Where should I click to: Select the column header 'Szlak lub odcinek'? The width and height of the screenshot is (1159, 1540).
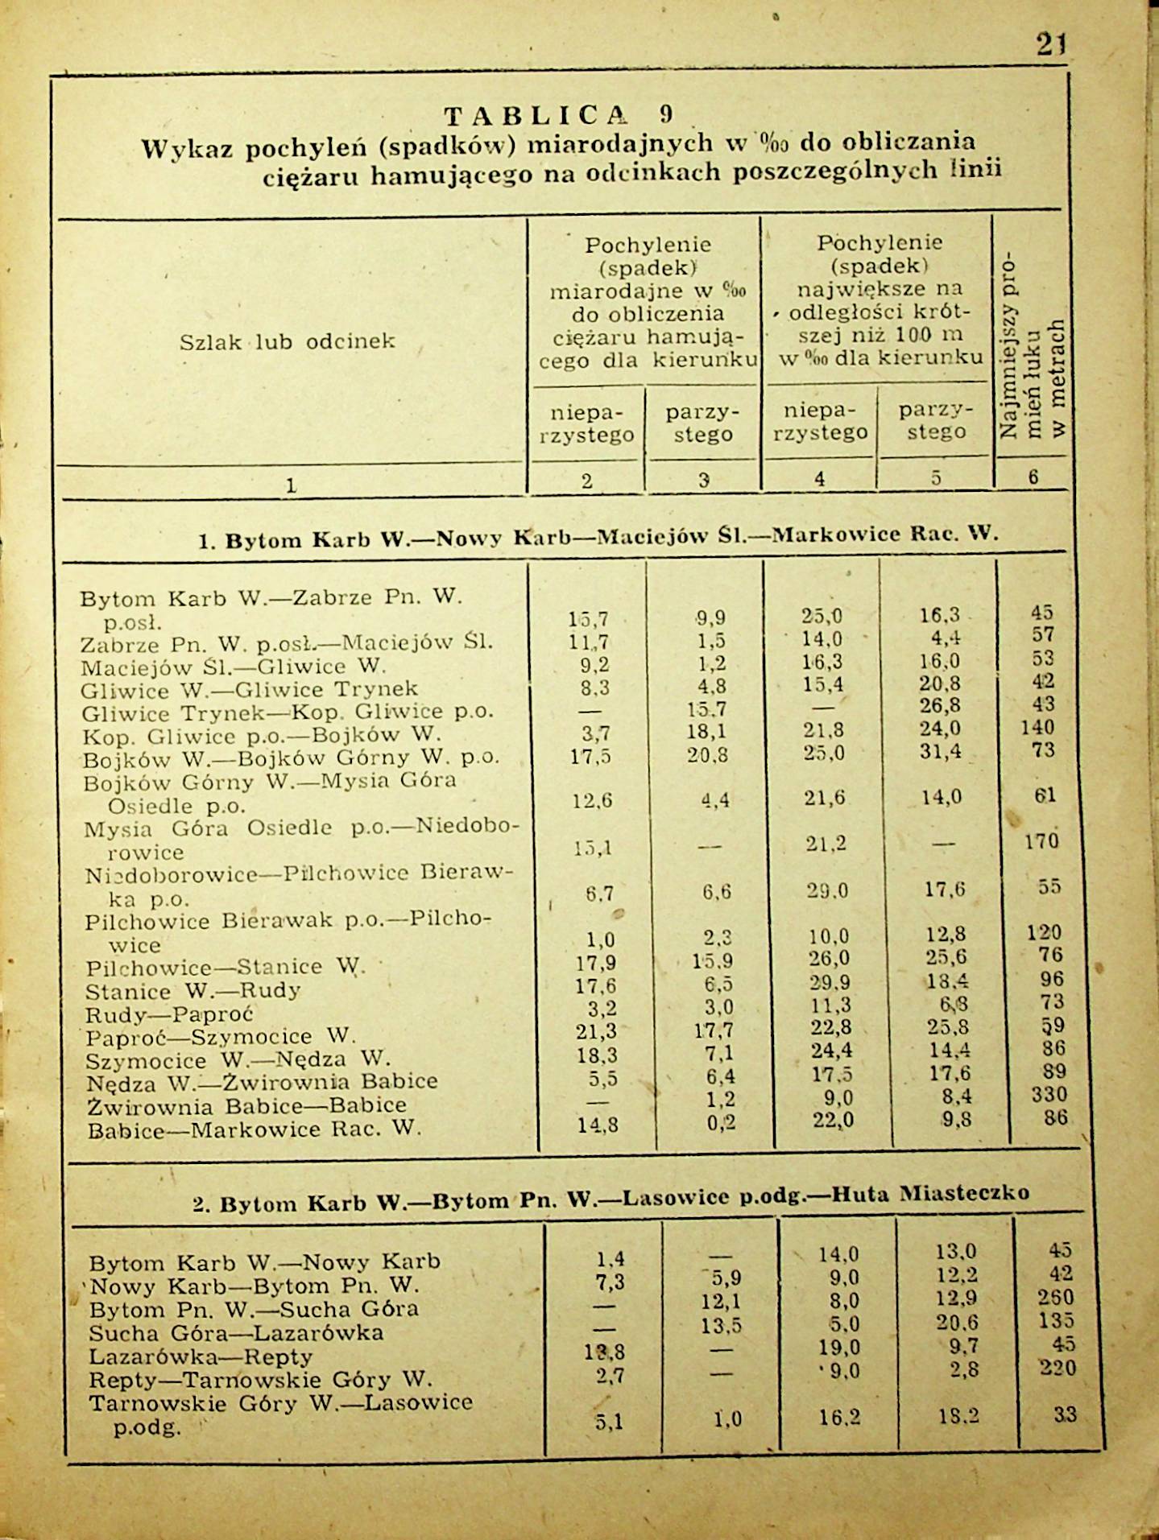pyautogui.click(x=288, y=341)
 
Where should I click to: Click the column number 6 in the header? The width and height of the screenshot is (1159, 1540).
pyautogui.click(x=1033, y=477)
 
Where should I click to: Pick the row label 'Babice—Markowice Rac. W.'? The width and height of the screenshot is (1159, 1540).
pyautogui.click(x=254, y=1129)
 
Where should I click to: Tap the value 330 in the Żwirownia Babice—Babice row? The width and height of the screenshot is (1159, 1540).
pyautogui.click(x=1049, y=1095)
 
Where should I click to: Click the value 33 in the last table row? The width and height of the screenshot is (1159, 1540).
pyautogui.click(x=1064, y=1414)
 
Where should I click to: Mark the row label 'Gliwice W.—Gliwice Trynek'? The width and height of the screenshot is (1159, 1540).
pyautogui.click(x=249, y=689)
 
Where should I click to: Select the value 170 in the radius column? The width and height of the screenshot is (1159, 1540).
pyautogui.click(x=1041, y=841)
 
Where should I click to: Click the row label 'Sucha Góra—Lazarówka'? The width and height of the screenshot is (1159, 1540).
pyautogui.click(x=236, y=1332)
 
